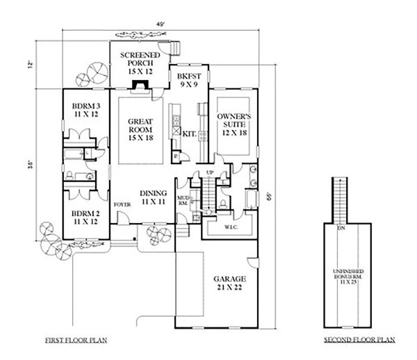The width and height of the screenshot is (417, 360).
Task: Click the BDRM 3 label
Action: click(87, 111)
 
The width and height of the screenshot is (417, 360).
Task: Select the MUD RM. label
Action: click(183, 199)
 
